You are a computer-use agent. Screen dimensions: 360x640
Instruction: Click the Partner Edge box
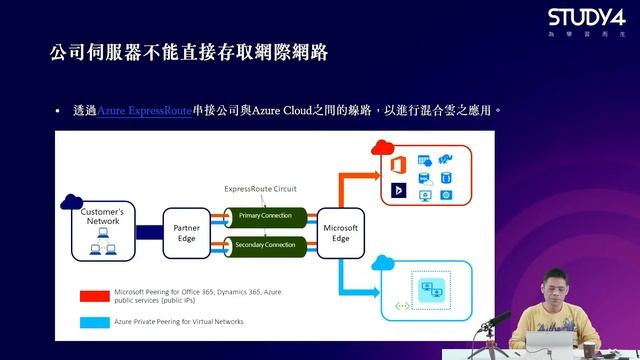[x=187, y=233]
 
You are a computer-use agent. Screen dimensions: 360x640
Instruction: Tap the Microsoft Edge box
[x=339, y=233]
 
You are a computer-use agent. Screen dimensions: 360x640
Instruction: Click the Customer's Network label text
[x=103, y=217]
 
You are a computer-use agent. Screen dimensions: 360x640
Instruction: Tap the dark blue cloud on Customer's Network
[x=72, y=201]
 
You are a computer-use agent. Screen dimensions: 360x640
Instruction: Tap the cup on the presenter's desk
[x=589, y=350]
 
